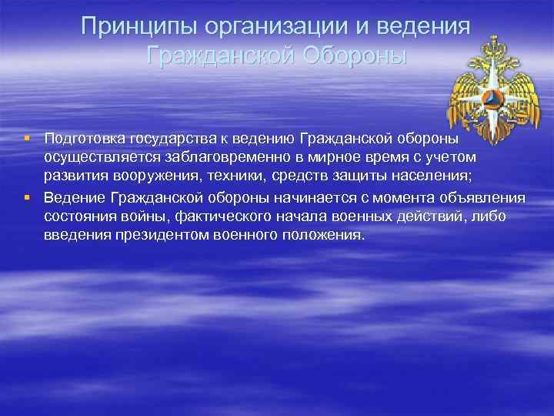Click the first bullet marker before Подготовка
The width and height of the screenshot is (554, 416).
click(26, 139)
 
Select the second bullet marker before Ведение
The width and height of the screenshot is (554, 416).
click(26, 197)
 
